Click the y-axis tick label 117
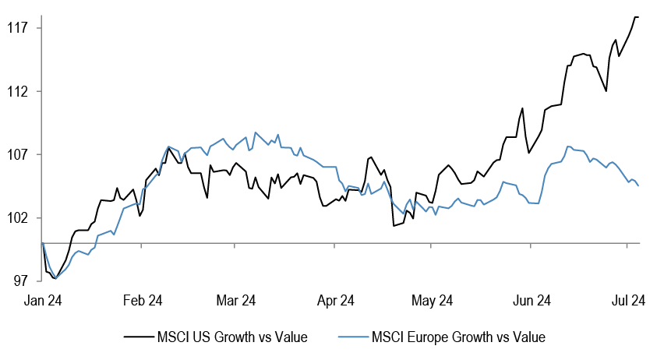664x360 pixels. pyautogui.click(x=16, y=28)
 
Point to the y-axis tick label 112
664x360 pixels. pyautogui.click(x=16, y=91)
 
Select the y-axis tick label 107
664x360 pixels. pyautogui.click(x=16, y=154)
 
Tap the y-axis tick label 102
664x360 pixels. pyautogui.click(x=16, y=217)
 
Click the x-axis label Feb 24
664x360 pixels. pyautogui.click(x=143, y=300)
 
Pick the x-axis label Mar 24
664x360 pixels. pyautogui.click(x=236, y=300)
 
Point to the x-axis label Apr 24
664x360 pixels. pyautogui.click(x=336, y=300)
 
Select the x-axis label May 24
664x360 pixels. pyautogui.click(x=433, y=300)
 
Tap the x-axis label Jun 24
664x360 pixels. pyautogui.click(x=532, y=300)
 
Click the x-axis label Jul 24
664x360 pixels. pyautogui.click(x=628, y=300)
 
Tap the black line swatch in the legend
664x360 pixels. pyautogui.click(x=137, y=337)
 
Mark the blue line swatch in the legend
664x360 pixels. pyautogui.click(x=352, y=337)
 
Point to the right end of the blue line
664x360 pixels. pyautogui.click(x=639, y=185)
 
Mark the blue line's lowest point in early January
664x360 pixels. pyautogui.click(x=55, y=278)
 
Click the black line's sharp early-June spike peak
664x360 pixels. pyautogui.click(x=523, y=108)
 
